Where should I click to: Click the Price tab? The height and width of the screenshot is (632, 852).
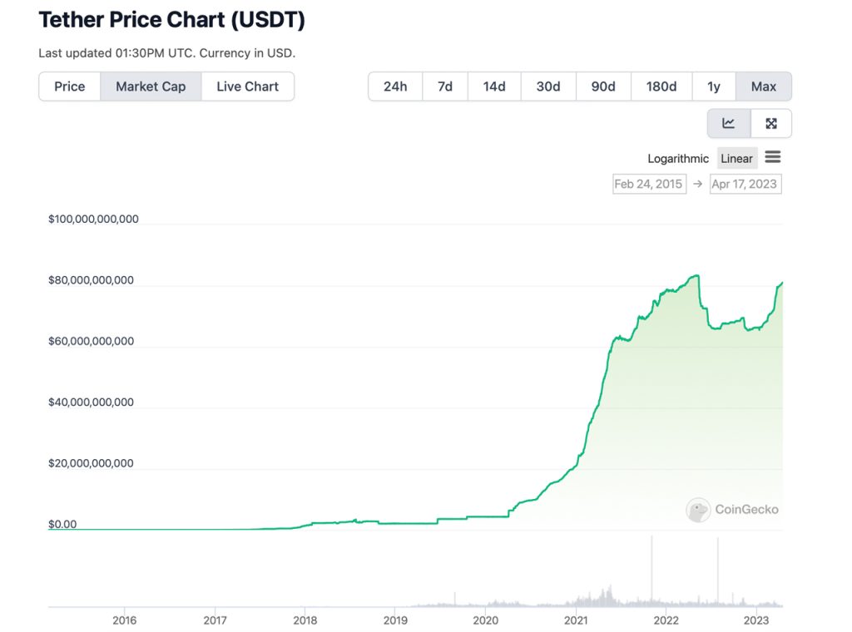coord(70,86)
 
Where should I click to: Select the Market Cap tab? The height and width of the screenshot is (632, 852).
coord(151,86)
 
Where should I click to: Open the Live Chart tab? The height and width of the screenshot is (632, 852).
coord(247,86)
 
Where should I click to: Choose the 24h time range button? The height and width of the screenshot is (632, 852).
coord(395,86)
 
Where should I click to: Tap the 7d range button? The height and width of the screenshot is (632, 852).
coord(445,86)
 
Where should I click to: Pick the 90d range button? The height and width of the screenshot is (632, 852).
coord(603,86)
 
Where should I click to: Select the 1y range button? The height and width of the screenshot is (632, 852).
coord(714,86)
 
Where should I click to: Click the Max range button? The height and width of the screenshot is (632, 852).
coord(763,86)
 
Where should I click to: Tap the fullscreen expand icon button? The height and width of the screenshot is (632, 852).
coord(771,124)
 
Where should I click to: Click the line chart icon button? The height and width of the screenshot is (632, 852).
coord(729,124)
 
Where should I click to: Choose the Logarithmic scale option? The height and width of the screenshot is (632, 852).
coord(678,159)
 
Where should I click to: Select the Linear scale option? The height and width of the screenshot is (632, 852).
coord(736,159)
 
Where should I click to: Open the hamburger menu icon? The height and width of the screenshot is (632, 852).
coord(773,157)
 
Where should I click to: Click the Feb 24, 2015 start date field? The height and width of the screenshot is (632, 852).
coord(648,184)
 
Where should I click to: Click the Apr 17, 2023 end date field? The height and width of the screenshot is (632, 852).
coord(745,184)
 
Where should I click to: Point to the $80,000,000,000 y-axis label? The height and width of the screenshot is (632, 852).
coord(91,280)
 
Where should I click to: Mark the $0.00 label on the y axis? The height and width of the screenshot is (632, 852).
coord(62,524)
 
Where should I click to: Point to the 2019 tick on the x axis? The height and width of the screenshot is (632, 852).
coord(395,620)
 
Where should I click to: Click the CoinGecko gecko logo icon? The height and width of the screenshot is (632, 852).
coord(698,510)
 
